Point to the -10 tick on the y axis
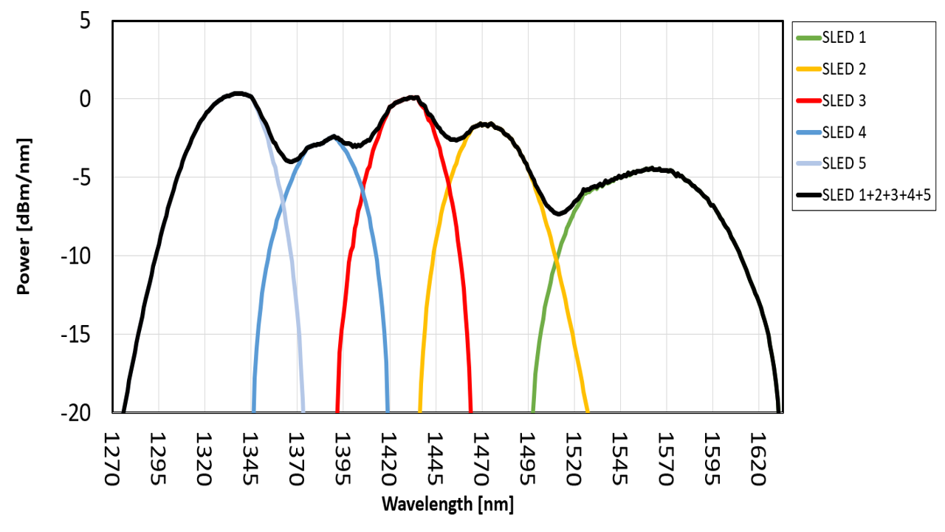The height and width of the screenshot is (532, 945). pyautogui.click(x=77, y=256)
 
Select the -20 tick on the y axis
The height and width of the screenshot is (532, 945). pyautogui.click(x=77, y=413)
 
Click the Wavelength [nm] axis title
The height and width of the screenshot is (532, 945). pyautogui.click(x=447, y=505)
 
